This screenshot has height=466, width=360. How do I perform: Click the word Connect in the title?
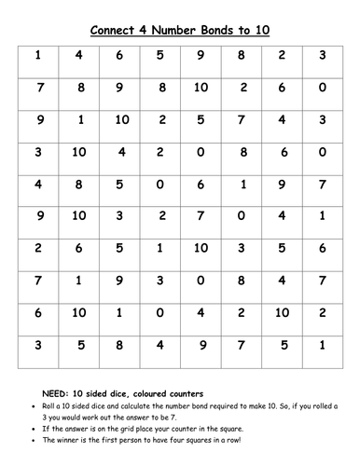click(x=117, y=30)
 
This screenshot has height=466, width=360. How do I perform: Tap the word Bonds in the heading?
click(x=219, y=30)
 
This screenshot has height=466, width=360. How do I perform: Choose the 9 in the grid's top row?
click(x=201, y=55)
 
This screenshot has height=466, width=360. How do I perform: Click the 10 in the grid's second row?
click(x=201, y=88)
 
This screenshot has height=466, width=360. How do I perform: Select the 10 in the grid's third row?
click(x=121, y=120)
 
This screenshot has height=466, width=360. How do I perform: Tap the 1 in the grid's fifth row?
click(x=242, y=185)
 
